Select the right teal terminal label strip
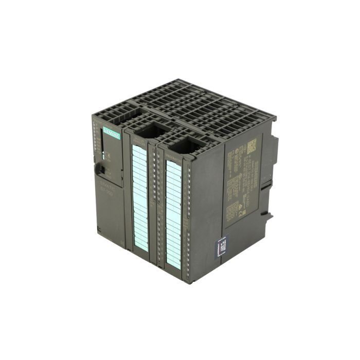click(173, 213)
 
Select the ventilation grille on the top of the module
click(195, 108)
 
